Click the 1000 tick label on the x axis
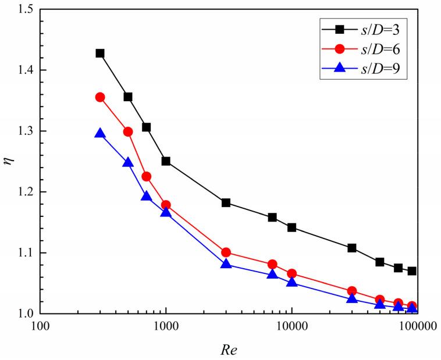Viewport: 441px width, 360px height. tap(166, 326)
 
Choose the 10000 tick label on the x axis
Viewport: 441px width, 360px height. tap(291, 326)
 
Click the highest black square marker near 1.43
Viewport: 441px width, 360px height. tap(100, 54)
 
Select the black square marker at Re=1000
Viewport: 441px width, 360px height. tap(166, 161)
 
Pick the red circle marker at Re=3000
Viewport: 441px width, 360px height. tap(226, 252)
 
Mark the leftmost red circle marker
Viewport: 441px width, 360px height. tap(100, 97)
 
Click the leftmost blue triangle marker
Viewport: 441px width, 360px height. tap(100, 134)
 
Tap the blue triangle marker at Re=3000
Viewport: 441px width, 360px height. tap(226, 264)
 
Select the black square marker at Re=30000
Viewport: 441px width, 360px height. tap(351, 248)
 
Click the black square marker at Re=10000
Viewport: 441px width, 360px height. tap(291, 227)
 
